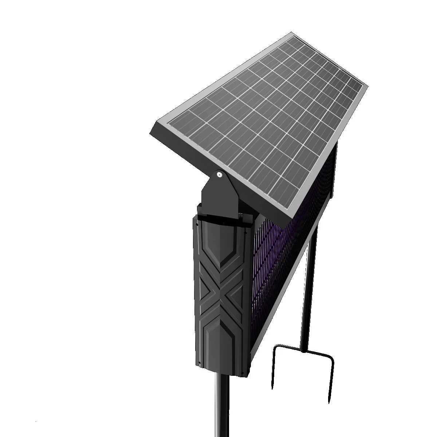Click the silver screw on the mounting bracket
pyautogui.click(x=219, y=175)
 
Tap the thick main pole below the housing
pyautogui.click(x=222, y=404)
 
